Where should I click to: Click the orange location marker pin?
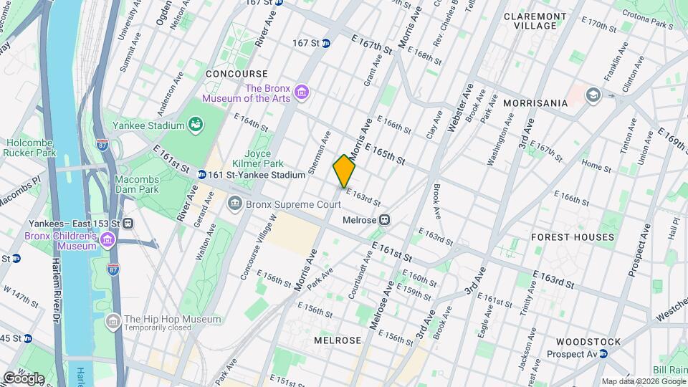tap(344, 171)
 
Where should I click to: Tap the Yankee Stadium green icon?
tap(195, 126)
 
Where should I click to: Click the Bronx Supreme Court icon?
tap(235, 205)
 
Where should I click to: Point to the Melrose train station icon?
tap(385, 219)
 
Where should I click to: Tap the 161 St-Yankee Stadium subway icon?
tap(202, 175)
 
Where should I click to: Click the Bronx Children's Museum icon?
tap(107, 239)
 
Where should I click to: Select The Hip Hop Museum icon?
tap(113, 322)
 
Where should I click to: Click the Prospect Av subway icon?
tap(603, 354)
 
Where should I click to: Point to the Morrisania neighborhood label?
tap(535, 103)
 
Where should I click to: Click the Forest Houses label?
tap(573, 237)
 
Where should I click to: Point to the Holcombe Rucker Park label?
tap(29, 147)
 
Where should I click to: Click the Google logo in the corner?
tap(23, 378)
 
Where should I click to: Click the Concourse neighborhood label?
tap(236, 74)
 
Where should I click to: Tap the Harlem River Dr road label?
tap(55, 301)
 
